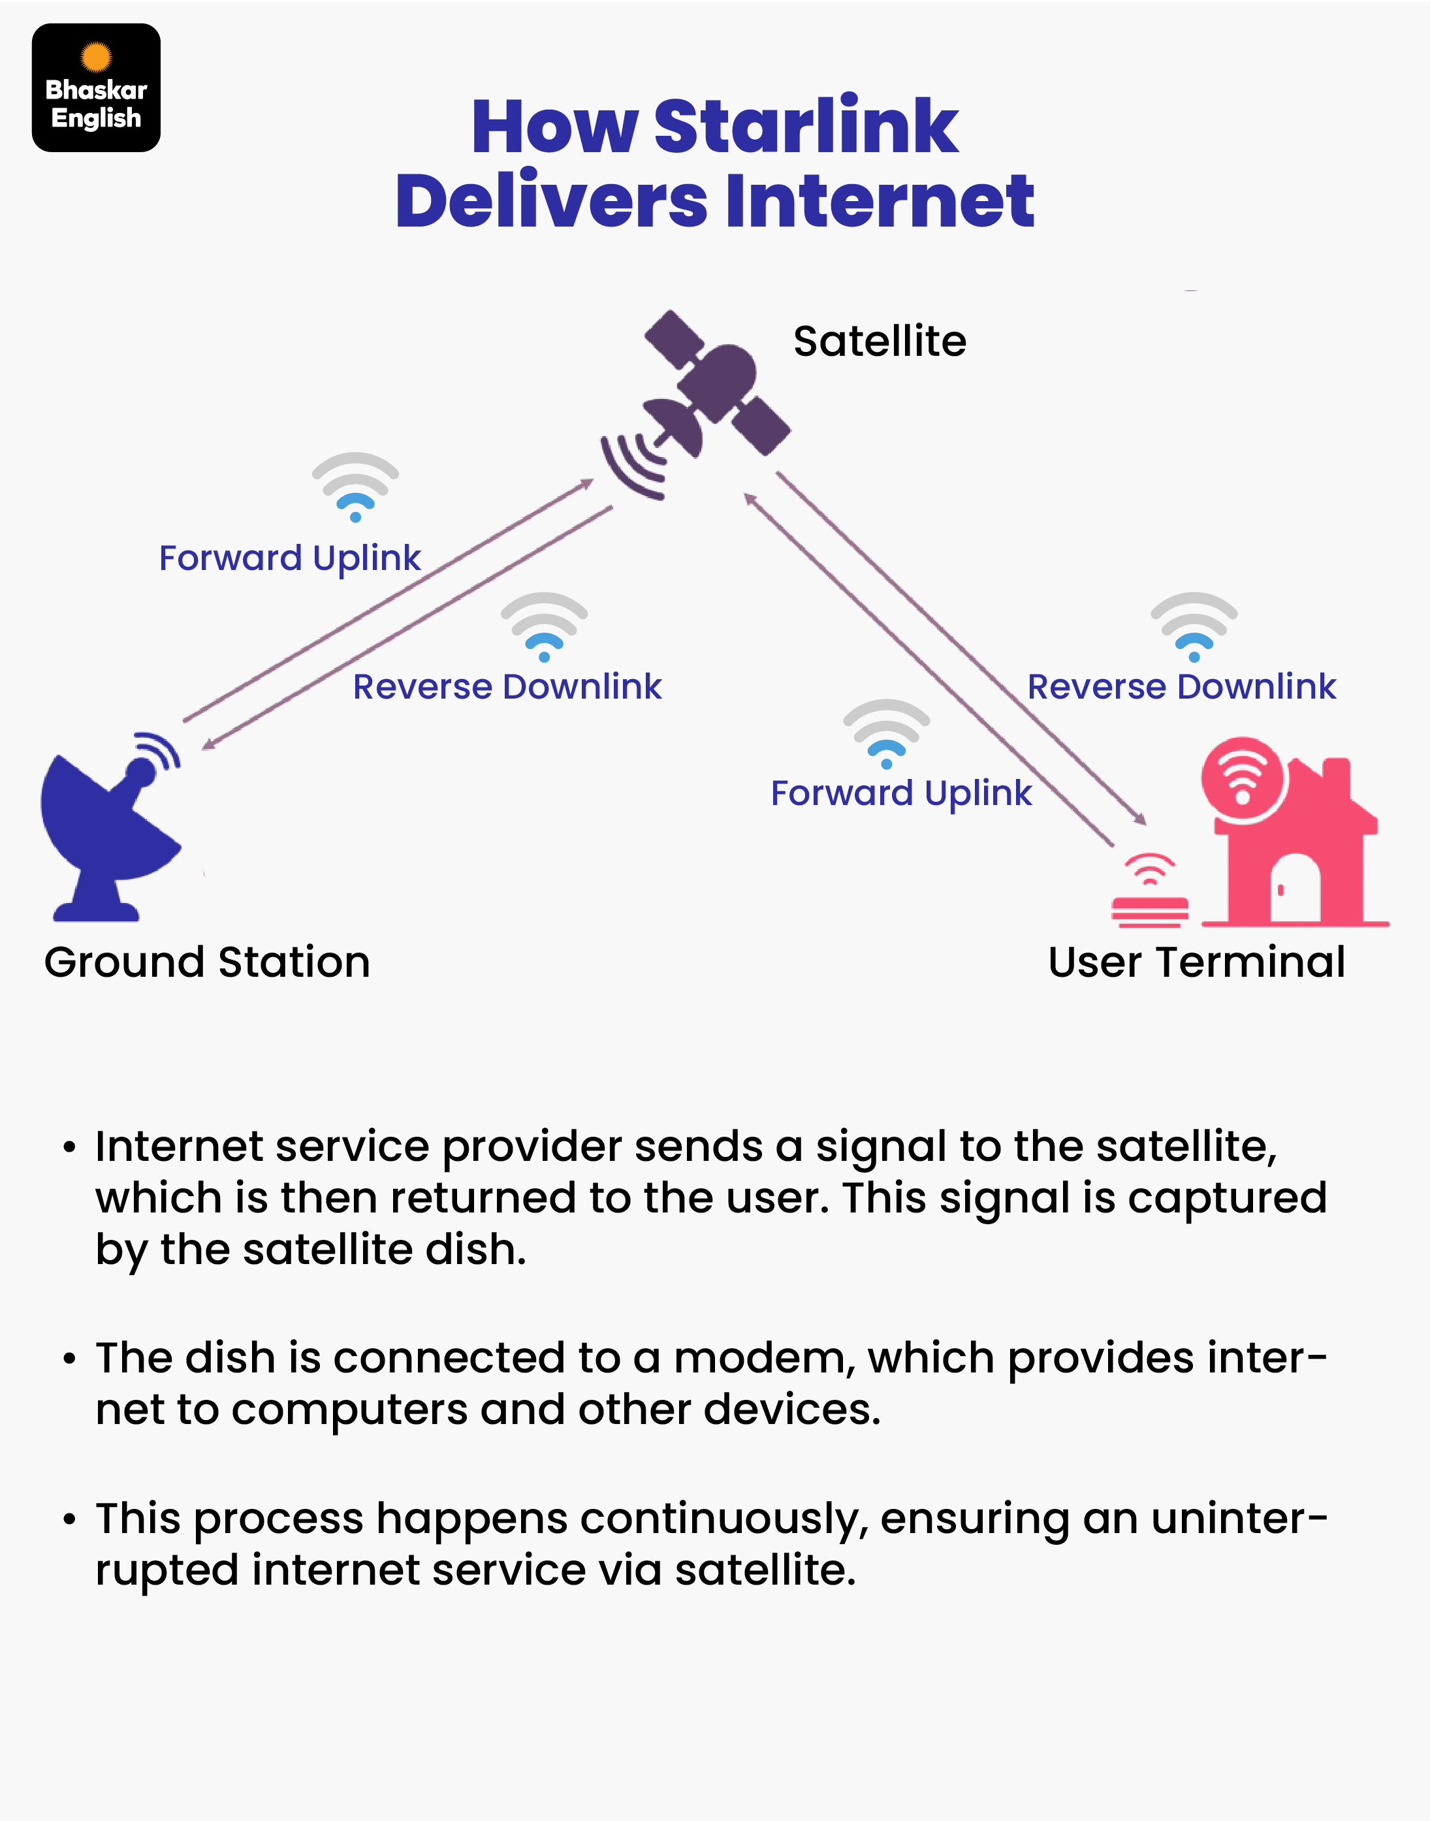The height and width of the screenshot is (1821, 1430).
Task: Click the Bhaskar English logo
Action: tap(96, 88)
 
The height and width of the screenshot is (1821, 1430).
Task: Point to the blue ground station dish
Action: tap(109, 829)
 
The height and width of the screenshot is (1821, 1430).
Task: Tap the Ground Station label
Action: tap(207, 962)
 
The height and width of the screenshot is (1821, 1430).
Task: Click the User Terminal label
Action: tap(1196, 962)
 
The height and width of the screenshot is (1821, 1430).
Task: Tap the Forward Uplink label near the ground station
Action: tap(290, 558)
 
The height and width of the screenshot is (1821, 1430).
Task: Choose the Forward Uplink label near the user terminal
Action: tap(901, 793)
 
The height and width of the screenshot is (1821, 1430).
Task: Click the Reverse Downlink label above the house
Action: tap(1181, 686)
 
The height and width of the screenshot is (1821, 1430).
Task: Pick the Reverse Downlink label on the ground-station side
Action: tap(507, 686)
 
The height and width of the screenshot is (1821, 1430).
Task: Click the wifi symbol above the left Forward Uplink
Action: tap(356, 486)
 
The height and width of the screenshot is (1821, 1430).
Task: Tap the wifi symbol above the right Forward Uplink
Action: tap(887, 733)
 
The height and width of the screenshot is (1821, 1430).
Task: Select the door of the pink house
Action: tap(1294, 889)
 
